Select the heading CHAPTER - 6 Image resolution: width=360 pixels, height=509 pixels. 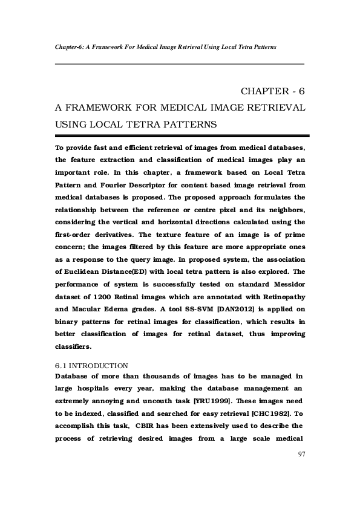point(272,91)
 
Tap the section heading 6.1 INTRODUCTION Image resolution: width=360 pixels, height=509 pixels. point(91,365)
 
